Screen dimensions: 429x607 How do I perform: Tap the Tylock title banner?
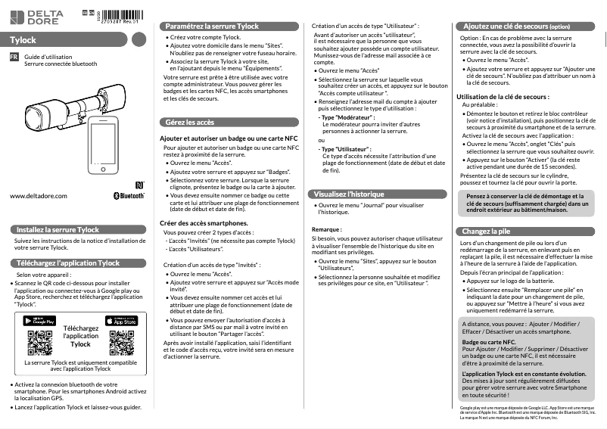click(76, 39)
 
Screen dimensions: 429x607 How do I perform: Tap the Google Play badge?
click(39, 321)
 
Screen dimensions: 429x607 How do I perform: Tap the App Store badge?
click(121, 321)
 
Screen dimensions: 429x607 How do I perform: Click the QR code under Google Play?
click(39, 343)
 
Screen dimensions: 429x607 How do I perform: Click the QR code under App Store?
click(121, 343)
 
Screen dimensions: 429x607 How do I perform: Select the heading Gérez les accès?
click(191, 122)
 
